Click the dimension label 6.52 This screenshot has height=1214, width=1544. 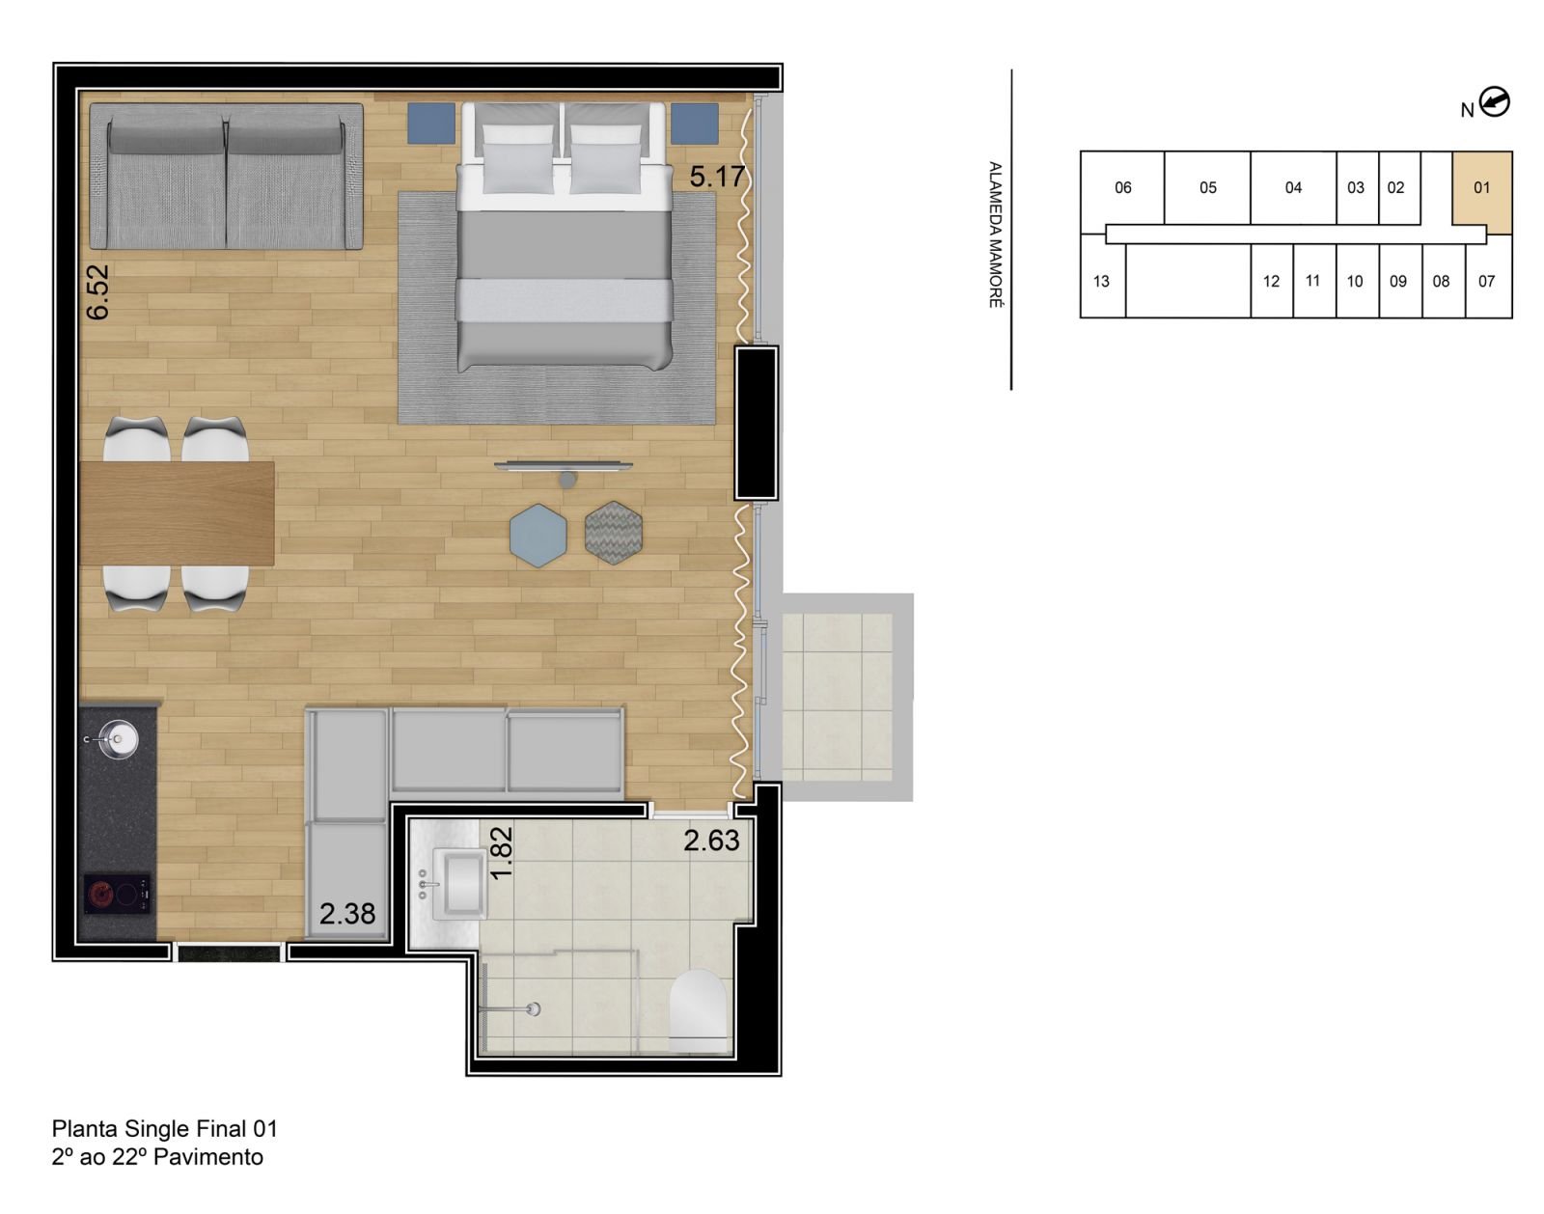click(x=97, y=291)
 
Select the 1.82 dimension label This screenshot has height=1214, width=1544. click(x=501, y=853)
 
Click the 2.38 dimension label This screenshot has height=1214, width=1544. click(x=347, y=913)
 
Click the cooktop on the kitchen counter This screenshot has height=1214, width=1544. click(x=117, y=895)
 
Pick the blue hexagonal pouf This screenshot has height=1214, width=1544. click(x=538, y=535)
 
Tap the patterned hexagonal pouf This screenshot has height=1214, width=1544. click(x=614, y=533)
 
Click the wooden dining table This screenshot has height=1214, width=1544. click(x=178, y=513)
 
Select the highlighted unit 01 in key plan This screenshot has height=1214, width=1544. click(x=1481, y=188)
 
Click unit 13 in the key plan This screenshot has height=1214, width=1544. click(x=1101, y=282)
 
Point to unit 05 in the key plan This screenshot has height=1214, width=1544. click(x=1207, y=188)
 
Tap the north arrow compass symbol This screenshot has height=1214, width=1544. click(x=1495, y=101)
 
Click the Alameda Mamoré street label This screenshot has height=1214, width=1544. click(x=995, y=235)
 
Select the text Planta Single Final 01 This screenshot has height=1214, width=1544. click(x=165, y=1128)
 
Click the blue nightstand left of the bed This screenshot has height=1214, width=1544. click(x=430, y=124)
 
